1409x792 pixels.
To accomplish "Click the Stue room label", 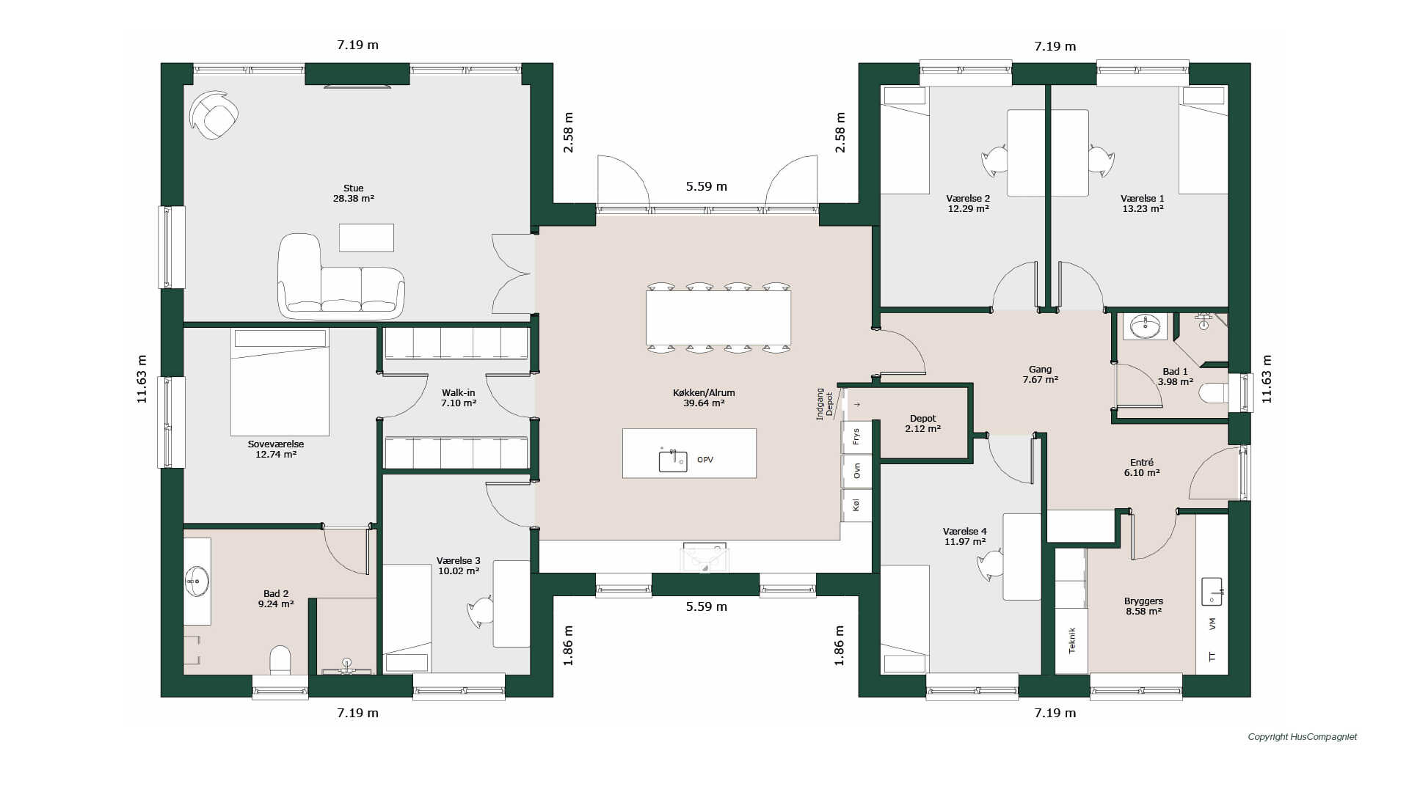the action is tap(353, 188).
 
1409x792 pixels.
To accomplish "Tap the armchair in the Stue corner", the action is tap(214, 115).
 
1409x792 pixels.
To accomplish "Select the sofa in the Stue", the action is tap(341, 277).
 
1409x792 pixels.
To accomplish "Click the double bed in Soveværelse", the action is tap(280, 381).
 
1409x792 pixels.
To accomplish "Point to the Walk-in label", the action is tap(459, 393).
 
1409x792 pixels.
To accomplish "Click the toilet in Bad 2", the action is tap(280, 660).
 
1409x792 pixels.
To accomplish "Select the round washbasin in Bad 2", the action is tap(196, 582).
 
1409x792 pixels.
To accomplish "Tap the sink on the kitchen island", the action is tap(672, 461).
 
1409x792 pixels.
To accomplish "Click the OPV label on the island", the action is tap(705, 460).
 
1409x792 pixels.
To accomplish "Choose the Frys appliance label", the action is tap(856, 437).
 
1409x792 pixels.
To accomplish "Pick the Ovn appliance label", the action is tap(856, 471).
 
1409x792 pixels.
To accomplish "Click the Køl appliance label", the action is tap(856, 505).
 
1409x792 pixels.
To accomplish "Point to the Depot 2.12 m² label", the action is tap(922, 424).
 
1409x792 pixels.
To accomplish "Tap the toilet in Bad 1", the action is tap(1214, 394).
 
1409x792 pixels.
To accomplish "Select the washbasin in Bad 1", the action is tap(1145, 326).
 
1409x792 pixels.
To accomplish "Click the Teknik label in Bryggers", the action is tap(1071, 640).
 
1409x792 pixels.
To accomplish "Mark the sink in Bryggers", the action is tap(1212, 591).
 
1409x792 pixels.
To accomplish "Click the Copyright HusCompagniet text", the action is tap(1303, 737).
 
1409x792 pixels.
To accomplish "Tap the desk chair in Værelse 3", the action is tap(481, 612).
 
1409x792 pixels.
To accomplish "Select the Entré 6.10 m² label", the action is tap(1142, 468).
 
